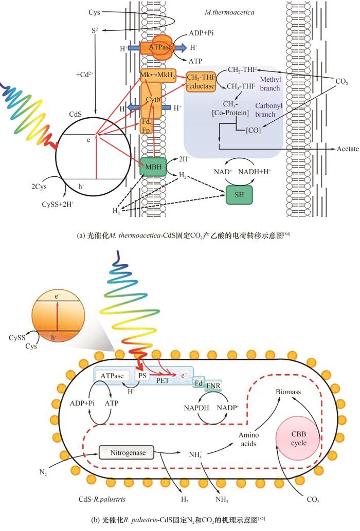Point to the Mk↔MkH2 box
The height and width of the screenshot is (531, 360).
coord(157,76)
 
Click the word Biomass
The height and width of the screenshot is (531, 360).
coord(290,391)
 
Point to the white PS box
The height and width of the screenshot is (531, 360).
coord(142,376)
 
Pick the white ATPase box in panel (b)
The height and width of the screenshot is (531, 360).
coord(113,376)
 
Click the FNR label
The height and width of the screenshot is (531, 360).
coord(212,385)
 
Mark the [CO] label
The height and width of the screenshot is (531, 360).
coord(253,131)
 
